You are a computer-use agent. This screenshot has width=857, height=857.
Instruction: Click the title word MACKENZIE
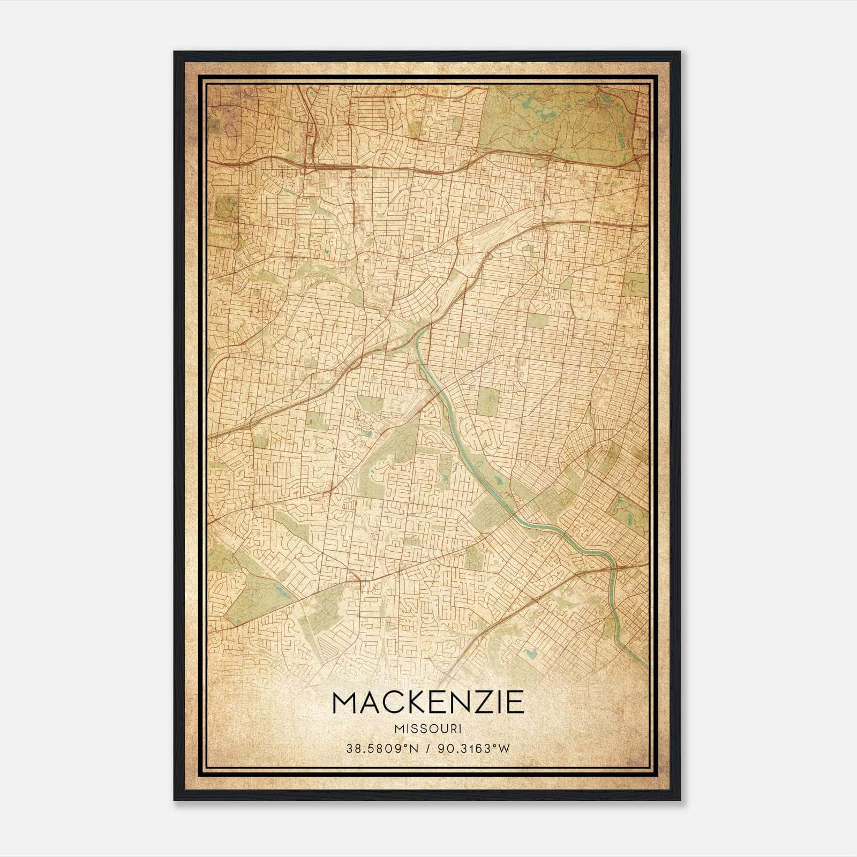tap(428, 702)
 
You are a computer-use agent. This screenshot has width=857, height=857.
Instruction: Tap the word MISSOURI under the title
tap(428, 728)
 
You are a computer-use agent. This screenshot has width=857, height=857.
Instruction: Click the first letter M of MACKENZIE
tap(345, 702)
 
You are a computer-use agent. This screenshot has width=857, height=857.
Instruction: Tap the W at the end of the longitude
tap(504, 749)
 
